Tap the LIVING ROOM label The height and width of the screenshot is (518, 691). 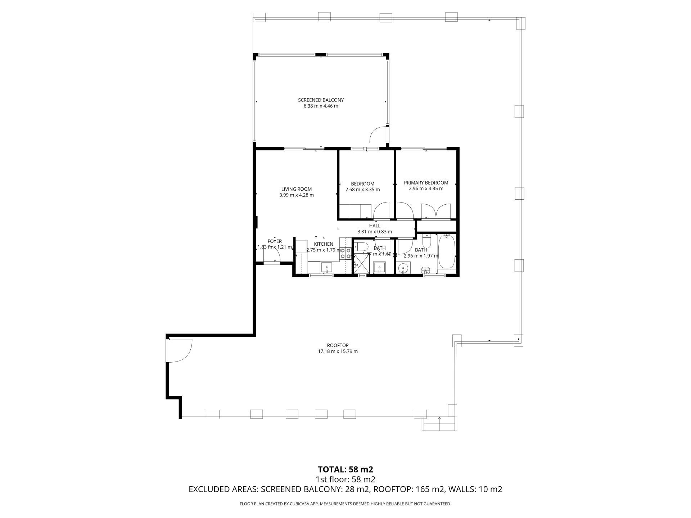click(x=297, y=189)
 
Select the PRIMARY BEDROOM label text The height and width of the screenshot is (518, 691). click(x=426, y=183)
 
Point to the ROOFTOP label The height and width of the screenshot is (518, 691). click(x=338, y=345)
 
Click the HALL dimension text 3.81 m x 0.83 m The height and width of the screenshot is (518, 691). click(x=375, y=232)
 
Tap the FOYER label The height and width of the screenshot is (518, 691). click(x=275, y=241)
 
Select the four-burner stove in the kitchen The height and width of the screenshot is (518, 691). click(x=345, y=253)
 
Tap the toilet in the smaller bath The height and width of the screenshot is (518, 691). click(x=360, y=247)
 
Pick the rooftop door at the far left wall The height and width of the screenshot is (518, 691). click(x=179, y=351)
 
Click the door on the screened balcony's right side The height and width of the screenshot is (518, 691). click(x=379, y=135)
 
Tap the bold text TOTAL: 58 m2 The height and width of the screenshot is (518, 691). click(x=345, y=469)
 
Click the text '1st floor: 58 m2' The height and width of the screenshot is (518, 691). click(x=345, y=479)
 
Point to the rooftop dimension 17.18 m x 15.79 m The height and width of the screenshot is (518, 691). click(x=338, y=351)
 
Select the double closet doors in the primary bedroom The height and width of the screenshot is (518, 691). click(x=436, y=211)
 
